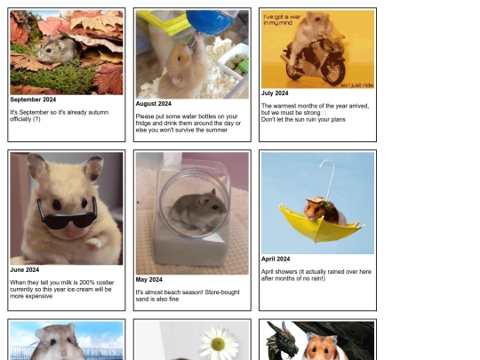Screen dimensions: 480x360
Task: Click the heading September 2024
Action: pos(33,100)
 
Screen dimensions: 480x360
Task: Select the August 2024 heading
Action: pos(154,104)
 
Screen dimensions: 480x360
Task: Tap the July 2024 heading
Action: pos(275,93)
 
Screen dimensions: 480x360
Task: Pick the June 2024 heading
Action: pos(25,269)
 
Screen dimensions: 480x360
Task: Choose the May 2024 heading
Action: pos(149,279)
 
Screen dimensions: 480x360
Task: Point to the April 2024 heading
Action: pos(276,259)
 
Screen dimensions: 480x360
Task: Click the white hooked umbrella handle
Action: pos(329,178)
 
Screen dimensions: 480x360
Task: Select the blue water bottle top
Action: pos(212,21)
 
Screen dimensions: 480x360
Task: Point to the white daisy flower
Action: pos(219,341)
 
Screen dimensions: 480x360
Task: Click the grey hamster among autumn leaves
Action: pos(57,51)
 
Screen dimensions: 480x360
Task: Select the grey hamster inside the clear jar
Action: pos(198,210)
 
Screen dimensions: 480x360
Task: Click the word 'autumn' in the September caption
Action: pos(99,112)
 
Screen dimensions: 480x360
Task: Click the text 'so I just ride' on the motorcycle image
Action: pos(357,85)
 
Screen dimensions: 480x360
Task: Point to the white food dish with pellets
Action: pos(234,62)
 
